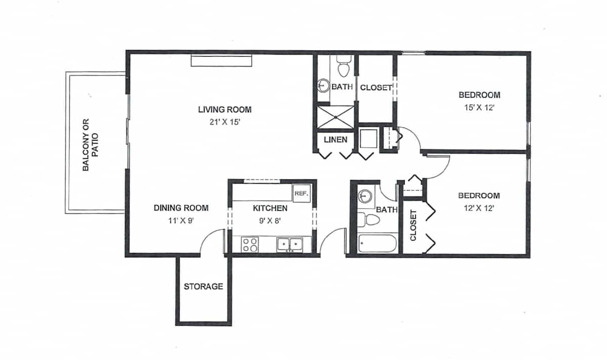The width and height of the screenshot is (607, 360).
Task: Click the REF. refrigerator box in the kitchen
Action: click(x=301, y=194)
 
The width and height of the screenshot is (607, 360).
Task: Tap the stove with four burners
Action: click(x=250, y=245)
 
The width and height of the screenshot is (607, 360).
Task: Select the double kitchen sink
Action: click(x=290, y=245)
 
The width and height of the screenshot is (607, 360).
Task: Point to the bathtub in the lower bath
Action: click(x=377, y=243)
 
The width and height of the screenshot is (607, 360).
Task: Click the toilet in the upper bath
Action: click(x=344, y=66)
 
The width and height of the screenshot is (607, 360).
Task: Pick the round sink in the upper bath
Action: click(x=324, y=85)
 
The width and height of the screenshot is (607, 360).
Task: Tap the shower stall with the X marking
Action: click(x=335, y=117)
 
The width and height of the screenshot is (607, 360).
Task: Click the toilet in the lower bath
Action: click(x=369, y=219)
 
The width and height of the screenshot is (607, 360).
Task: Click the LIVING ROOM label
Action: click(x=225, y=109)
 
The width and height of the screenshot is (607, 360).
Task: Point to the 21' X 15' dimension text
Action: click(x=225, y=122)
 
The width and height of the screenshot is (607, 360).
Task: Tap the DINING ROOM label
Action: click(x=181, y=208)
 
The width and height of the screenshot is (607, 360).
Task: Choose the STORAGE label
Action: click(x=203, y=286)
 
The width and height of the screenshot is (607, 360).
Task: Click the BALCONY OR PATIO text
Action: click(x=91, y=145)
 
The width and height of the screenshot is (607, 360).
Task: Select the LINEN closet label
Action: click(x=335, y=140)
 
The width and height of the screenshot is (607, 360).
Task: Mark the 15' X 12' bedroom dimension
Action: click(x=480, y=108)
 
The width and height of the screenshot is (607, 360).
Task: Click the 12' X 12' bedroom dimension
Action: click(x=479, y=208)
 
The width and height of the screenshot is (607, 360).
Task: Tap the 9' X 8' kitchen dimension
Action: click(x=270, y=221)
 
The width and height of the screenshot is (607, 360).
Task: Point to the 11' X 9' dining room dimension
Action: click(x=181, y=220)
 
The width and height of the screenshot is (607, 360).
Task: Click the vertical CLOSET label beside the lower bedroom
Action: click(x=413, y=226)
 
